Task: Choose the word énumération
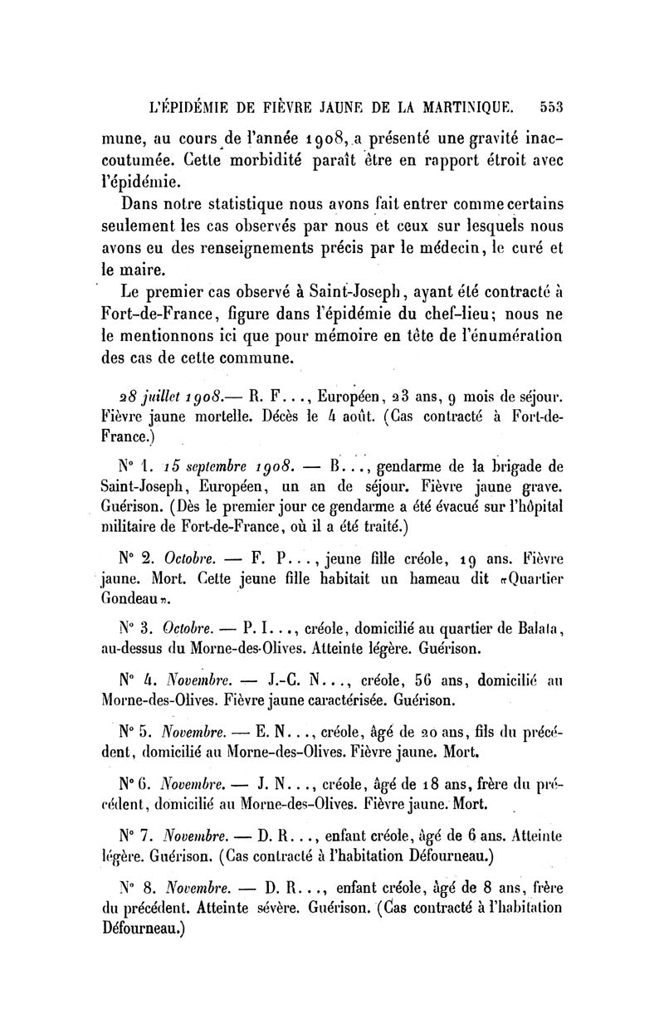[x=506, y=336]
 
